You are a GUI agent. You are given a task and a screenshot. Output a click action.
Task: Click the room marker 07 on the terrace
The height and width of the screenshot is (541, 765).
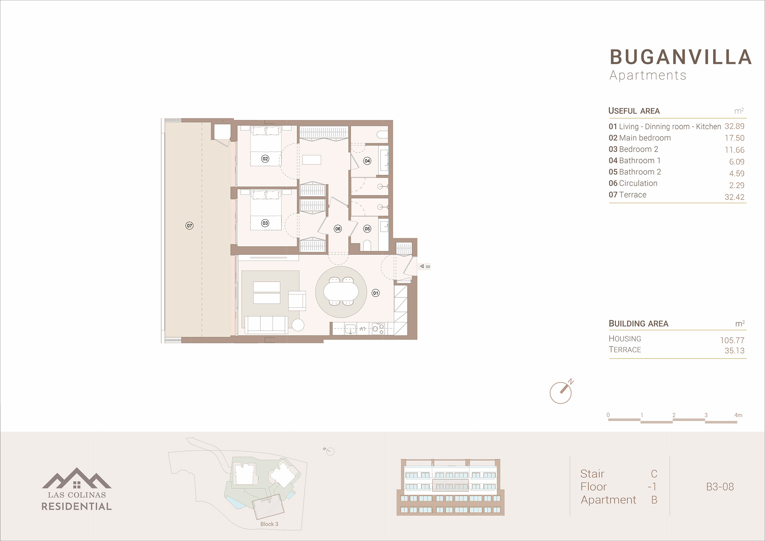coord(189,226)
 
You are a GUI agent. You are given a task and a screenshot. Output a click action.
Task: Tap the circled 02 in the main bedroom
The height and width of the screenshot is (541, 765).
coord(265,159)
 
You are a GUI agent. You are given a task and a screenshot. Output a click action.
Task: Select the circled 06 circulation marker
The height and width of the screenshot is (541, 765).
coord(338,229)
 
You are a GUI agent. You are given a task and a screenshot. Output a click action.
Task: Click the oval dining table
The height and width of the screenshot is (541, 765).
coord(341,291)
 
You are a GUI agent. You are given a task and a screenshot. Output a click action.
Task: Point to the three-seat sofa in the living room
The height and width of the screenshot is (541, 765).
coord(266,325)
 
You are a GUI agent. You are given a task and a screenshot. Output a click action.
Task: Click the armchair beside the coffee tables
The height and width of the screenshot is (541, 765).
coord(297,301)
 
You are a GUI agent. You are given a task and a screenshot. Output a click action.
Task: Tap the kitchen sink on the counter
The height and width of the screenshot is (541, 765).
coord(350,329)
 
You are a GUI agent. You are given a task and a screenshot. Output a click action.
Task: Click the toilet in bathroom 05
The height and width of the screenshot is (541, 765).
coord(367,245)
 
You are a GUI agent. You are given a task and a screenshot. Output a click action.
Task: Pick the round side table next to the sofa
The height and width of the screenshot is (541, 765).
coord(298,325)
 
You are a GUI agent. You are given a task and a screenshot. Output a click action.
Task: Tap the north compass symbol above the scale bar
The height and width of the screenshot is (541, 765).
coord(561,392)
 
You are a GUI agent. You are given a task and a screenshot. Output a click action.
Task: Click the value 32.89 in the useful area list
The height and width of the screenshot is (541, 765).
coord(734,126)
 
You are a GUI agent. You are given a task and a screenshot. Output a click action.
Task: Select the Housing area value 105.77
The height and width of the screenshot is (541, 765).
coord(732,340)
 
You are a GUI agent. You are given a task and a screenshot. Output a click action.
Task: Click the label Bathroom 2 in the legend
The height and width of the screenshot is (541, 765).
coord(640,172)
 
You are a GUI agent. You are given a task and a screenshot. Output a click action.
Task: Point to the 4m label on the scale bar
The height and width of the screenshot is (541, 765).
coord(738,415)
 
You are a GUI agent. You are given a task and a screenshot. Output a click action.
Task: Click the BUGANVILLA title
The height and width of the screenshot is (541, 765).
coord(681,57)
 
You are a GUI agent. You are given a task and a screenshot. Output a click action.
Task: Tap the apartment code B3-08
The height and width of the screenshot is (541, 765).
coord(720,487)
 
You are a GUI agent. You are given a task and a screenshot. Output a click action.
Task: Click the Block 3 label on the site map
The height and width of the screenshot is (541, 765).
coord(269,524)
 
